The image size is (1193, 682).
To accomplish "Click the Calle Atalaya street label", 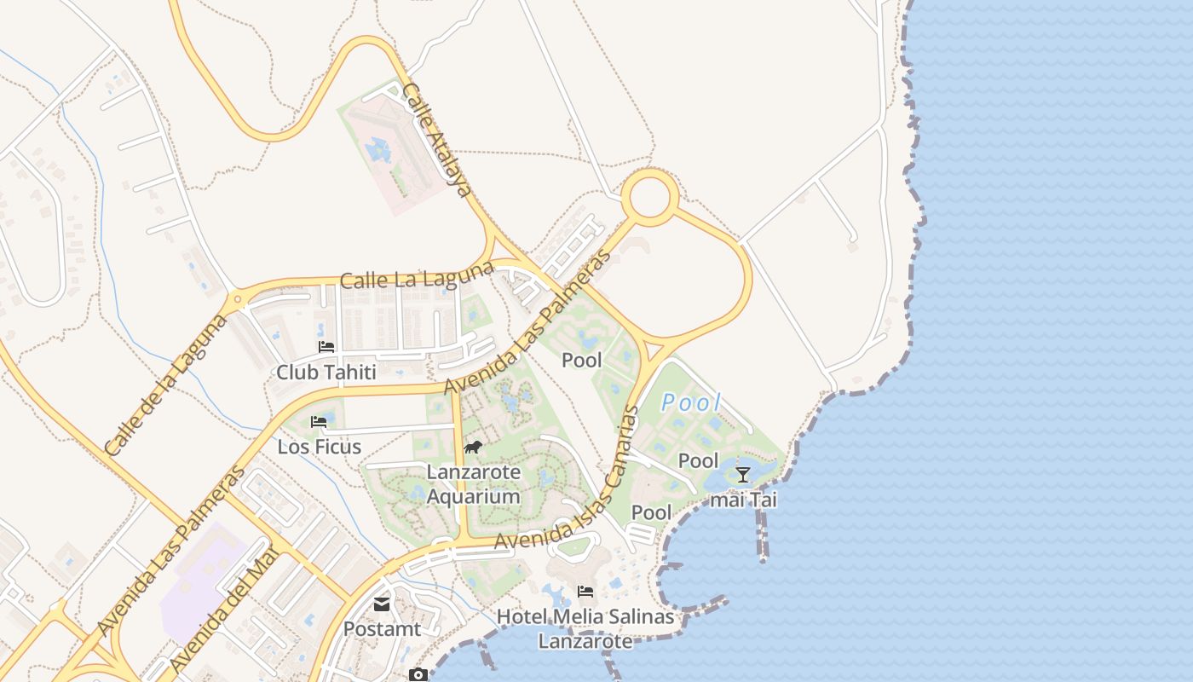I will click(436, 140).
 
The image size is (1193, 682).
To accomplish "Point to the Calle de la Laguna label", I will click(165, 384).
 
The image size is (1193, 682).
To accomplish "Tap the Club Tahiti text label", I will click(326, 373).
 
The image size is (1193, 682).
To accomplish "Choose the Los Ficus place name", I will click(320, 447).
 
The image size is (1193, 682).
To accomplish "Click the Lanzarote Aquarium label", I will click(473, 484).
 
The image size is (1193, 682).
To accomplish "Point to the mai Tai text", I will click(743, 500).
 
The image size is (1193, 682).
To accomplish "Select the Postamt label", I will click(382, 629).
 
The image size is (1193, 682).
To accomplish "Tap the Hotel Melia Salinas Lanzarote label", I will click(585, 628).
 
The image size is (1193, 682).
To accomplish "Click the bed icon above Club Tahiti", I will click(326, 346).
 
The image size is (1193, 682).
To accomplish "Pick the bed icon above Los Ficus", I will click(320, 421).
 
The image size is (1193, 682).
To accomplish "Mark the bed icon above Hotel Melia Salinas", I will click(585, 591).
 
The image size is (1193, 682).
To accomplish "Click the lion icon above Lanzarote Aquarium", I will click(473, 448).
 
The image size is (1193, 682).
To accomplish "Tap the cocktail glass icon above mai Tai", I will click(743, 475).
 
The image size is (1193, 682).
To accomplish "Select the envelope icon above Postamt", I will click(382, 604).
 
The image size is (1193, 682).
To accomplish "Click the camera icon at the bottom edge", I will click(418, 675).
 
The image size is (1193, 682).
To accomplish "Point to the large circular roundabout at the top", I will click(650, 197).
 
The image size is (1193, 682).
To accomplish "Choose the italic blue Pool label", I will click(691, 402).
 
